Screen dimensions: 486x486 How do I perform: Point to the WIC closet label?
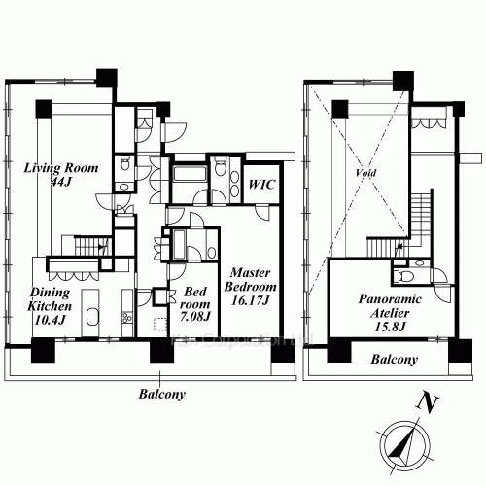tap(260, 183)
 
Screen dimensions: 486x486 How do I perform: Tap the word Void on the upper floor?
tap(366, 172)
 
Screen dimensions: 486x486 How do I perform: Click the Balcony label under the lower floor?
tap(161, 395)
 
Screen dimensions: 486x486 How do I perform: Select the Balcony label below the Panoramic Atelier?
tap(395, 359)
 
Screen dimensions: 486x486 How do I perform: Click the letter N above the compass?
tap(422, 400)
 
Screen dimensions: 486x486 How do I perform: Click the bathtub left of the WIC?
tap(186, 177)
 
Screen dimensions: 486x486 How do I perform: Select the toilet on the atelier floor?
tap(418, 261)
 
